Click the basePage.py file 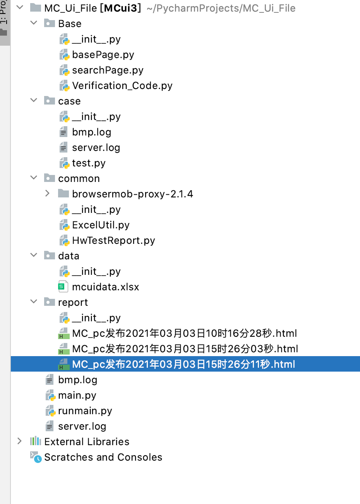[103, 55]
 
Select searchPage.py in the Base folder [108, 70]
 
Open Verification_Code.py [122, 86]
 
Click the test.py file [89, 163]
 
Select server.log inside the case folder [96, 147]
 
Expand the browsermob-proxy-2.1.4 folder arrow [47, 193]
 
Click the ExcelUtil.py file [101, 225]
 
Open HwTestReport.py [113, 240]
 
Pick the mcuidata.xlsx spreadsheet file [105, 287]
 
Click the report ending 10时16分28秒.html [184, 333]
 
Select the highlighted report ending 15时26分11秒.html [183, 364]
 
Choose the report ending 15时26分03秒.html [185, 349]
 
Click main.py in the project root [77, 395]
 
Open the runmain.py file [85, 411]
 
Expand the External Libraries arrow [19, 441]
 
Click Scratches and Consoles [103, 457]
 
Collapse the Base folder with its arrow [34, 23]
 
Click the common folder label [79, 178]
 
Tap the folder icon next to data [50, 255]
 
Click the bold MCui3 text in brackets [121, 8]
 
